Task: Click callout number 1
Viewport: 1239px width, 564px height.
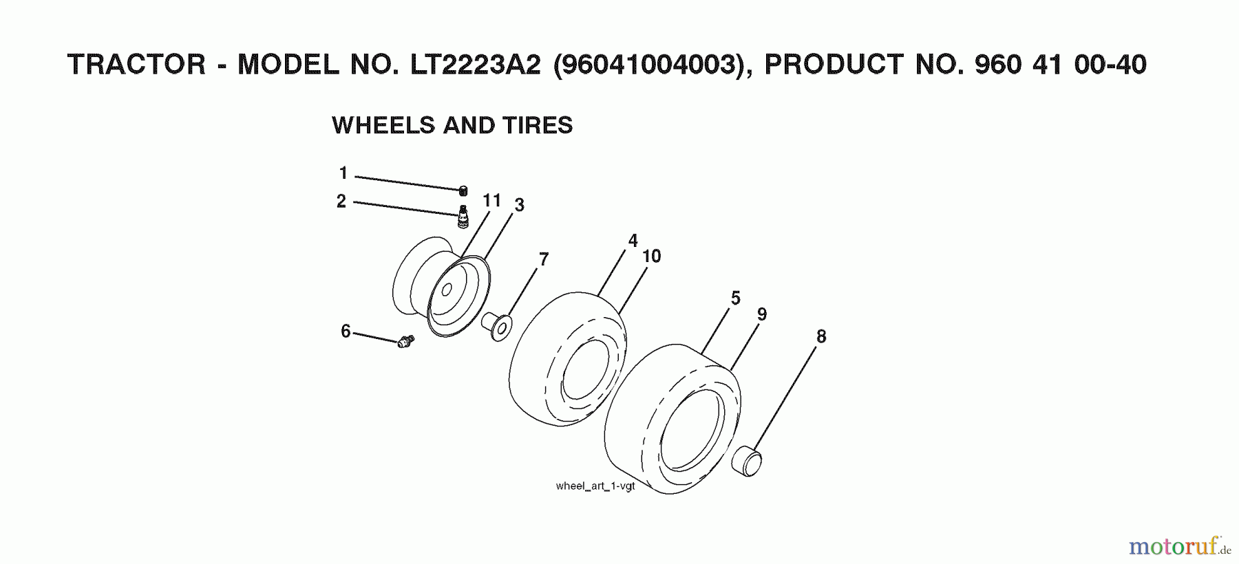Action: point(343,173)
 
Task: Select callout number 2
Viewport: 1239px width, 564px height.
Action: point(341,202)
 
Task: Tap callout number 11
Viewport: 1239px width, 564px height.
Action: point(491,200)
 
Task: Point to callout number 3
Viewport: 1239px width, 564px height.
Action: point(519,205)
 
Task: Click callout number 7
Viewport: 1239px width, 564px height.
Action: point(544,259)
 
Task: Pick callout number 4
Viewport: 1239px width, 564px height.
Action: point(633,241)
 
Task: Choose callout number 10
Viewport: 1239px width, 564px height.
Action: point(651,257)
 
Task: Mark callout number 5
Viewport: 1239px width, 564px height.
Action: point(735,299)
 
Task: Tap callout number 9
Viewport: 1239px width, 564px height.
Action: point(761,314)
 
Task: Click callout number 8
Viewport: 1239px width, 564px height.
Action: point(820,336)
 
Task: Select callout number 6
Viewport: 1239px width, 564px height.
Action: point(346,332)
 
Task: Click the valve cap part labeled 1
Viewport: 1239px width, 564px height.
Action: point(463,191)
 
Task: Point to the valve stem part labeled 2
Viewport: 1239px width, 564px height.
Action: point(463,216)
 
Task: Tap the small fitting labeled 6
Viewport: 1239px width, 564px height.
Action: point(405,340)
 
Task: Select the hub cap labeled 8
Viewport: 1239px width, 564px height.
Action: point(748,461)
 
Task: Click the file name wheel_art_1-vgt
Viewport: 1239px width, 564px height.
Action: point(595,486)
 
